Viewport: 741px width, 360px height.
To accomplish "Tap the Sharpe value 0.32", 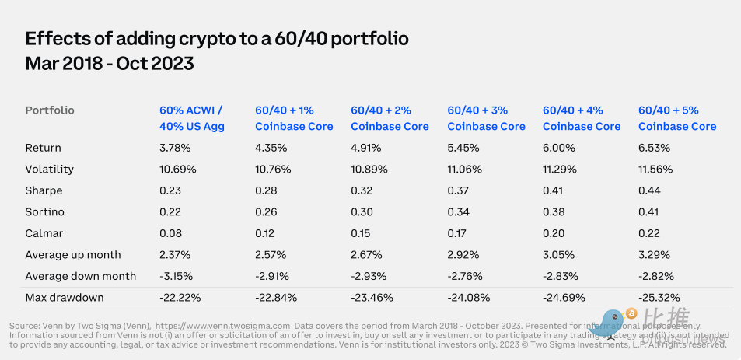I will pos(362,190).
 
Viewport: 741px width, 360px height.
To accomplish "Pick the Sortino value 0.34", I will pos(458,212).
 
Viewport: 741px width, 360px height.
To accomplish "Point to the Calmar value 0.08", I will pos(170,233).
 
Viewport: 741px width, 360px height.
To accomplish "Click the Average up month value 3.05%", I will pos(561,255).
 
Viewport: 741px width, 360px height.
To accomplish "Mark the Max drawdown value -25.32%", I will pos(659,298).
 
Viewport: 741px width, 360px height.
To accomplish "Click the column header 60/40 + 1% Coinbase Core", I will pos(294,118).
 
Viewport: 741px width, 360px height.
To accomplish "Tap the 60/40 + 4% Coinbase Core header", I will pos(582,118).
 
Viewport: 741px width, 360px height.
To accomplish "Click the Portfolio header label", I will pos(50,110).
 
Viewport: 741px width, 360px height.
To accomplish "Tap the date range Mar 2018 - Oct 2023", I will pos(110,64).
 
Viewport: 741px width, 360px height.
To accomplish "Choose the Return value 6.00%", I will pos(559,148).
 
